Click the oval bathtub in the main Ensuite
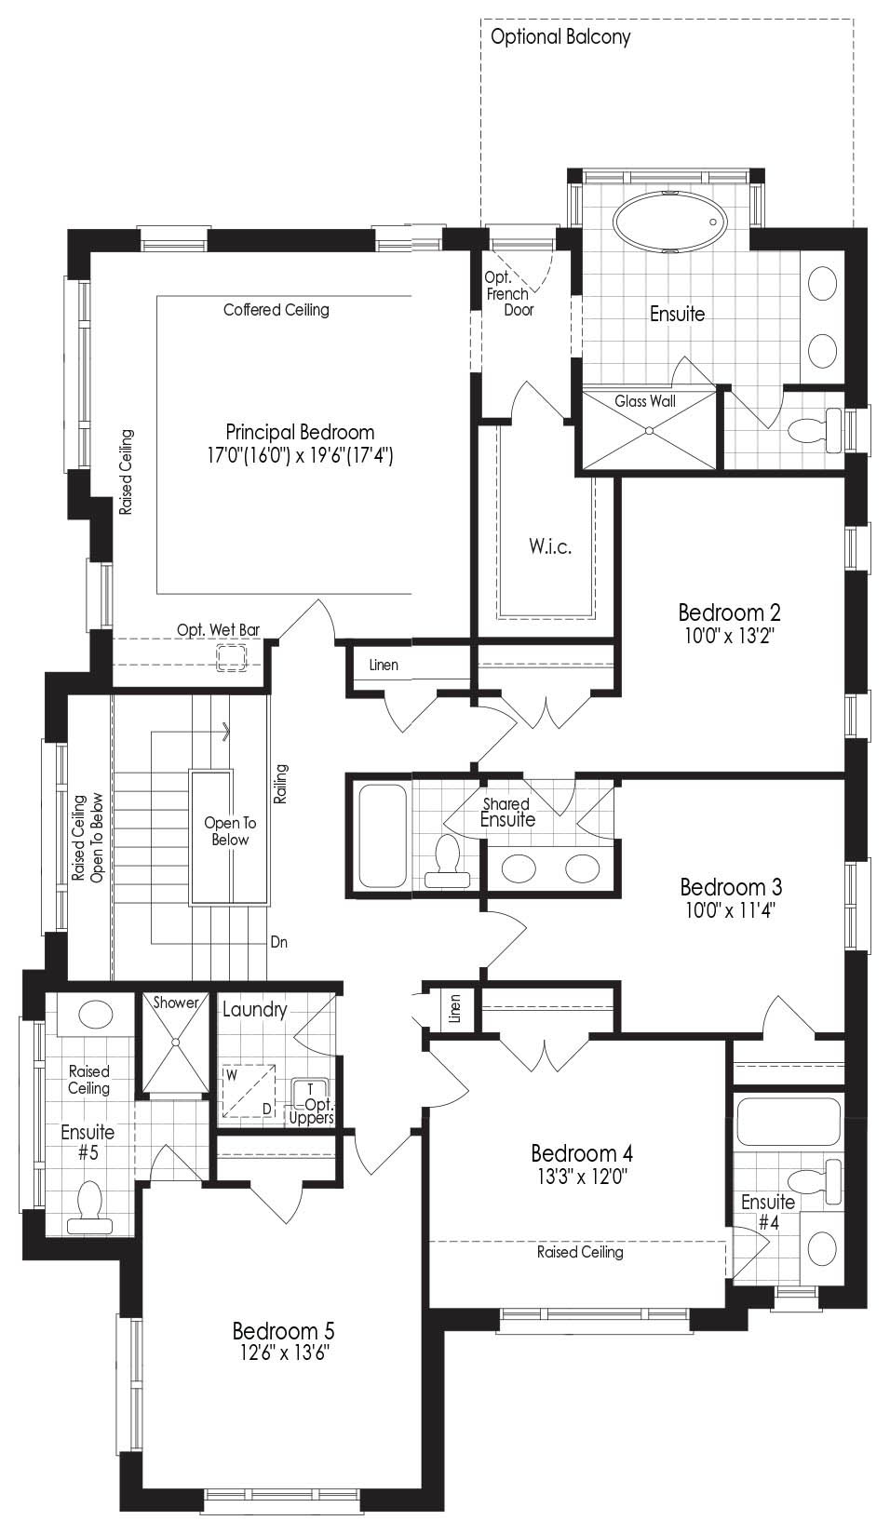[x=668, y=222]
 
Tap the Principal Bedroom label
[x=300, y=432]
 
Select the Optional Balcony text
[x=560, y=37]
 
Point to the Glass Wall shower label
[x=645, y=400]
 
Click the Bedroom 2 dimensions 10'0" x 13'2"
[x=729, y=636]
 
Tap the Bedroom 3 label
[x=731, y=887]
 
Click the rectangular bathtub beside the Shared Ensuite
[x=383, y=836]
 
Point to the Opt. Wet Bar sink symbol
[x=232, y=658]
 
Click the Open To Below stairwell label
[x=230, y=830]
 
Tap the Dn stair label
[x=279, y=942]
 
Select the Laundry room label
[x=254, y=1010]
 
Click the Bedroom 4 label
[x=582, y=1153]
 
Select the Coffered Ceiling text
[x=276, y=310]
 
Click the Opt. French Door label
[x=507, y=294]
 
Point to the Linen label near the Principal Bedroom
[x=384, y=665]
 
